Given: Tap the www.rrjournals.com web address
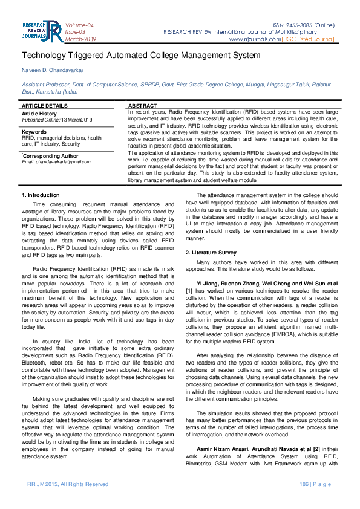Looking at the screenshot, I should (x=255, y=39).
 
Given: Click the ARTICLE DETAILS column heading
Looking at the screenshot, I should (x=45, y=106).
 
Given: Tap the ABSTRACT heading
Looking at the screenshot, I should (x=143, y=106).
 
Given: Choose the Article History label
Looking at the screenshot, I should (x=39, y=114).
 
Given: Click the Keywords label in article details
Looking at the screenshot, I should (x=34, y=131).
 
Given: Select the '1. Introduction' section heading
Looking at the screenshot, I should (x=41, y=195).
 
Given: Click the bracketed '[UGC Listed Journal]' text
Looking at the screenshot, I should (x=307, y=39).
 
